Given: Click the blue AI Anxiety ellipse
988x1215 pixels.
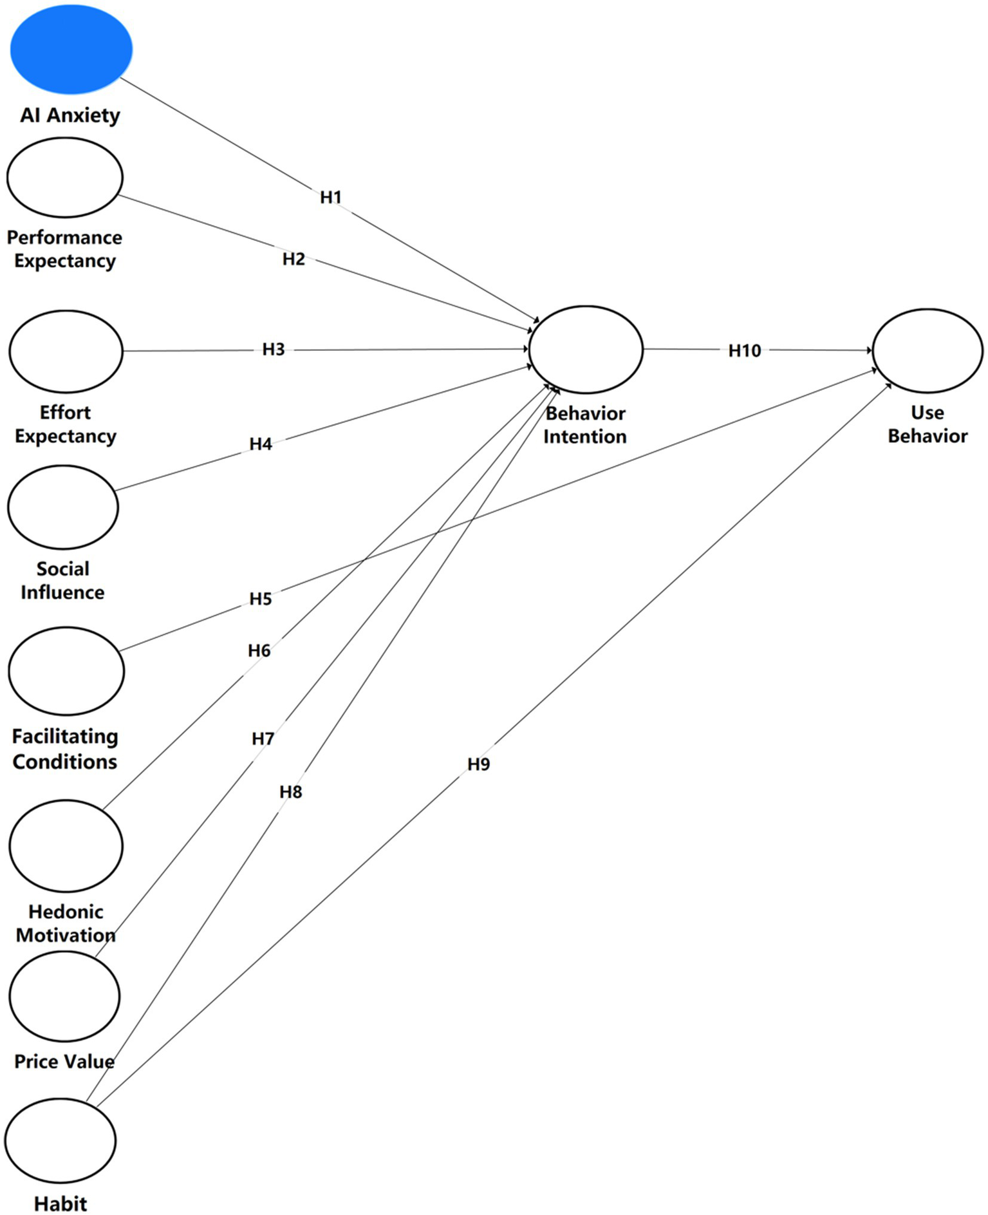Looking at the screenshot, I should [x=71, y=49].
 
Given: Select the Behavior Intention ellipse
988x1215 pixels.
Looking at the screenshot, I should [x=585, y=350].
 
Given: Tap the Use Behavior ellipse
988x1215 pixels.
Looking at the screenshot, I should [x=927, y=350].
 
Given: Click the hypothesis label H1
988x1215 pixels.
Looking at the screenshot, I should [x=330, y=197].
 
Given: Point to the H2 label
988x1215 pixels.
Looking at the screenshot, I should [x=294, y=259].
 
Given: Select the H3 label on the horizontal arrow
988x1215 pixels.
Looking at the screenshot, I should [x=273, y=349].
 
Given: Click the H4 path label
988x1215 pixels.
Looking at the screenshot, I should [x=261, y=444].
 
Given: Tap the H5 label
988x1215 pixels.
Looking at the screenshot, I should [x=261, y=599].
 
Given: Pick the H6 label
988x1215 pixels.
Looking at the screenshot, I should [x=259, y=650].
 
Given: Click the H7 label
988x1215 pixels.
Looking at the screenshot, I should [x=263, y=739].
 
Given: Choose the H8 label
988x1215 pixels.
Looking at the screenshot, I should [x=290, y=791].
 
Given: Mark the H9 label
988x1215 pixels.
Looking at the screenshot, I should [x=478, y=764].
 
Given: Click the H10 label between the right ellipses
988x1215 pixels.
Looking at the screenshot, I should [x=744, y=350].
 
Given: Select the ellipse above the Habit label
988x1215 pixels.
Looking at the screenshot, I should [x=61, y=1140].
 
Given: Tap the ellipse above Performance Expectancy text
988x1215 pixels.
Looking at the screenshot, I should [x=64, y=177].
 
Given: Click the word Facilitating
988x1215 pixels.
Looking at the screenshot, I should [x=65, y=736].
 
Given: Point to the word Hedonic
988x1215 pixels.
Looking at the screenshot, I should [x=66, y=911].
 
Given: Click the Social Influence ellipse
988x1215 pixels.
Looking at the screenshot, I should [x=63, y=507].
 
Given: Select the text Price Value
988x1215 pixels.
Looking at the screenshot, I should [x=64, y=1061].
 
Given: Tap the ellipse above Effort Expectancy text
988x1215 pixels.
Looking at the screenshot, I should [x=66, y=351].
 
